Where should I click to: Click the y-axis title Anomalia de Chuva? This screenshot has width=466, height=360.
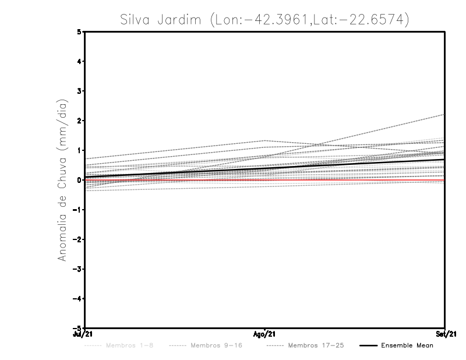click(62, 180)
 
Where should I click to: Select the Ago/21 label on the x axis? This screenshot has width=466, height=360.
click(265, 333)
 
